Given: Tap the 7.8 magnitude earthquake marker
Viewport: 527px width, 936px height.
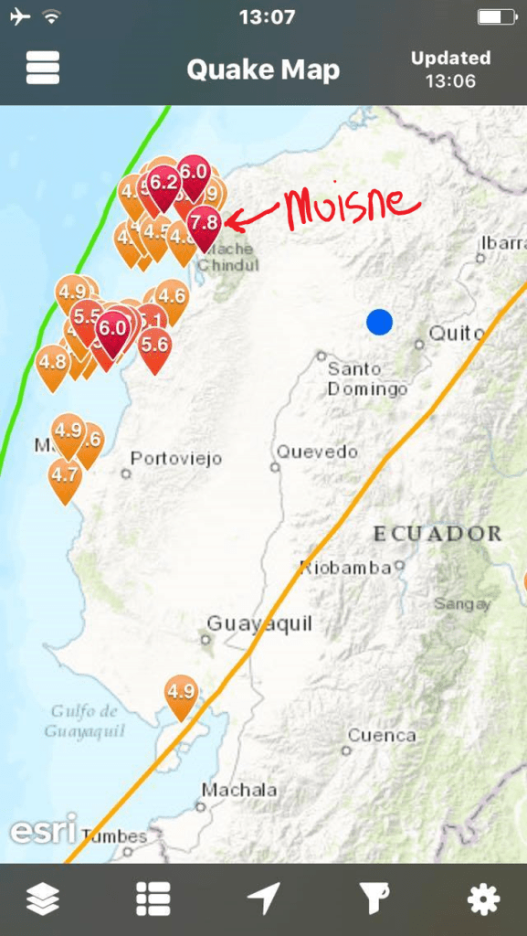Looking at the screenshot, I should [x=205, y=222].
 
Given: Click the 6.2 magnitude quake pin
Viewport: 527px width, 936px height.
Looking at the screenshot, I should [x=163, y=183].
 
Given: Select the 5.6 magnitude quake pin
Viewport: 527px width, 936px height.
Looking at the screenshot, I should [x=154, y=344].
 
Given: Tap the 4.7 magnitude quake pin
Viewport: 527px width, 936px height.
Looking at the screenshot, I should [x=65, y=475].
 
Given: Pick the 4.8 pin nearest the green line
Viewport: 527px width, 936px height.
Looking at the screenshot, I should [x=53, y=361].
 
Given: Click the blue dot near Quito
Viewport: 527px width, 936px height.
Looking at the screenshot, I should [x=379, y=322].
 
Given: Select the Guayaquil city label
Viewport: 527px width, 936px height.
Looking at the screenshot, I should [x=259, y=624].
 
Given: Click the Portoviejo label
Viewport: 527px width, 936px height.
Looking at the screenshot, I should [x=176, y=459].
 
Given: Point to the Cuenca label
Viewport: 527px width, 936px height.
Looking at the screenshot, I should [x=381, y=735].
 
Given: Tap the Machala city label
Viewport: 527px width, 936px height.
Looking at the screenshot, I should [x=239, y=790].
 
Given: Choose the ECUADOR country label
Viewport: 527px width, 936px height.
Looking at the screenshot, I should [x=437, y=533].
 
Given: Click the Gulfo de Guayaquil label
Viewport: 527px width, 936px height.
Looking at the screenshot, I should [x=85, y=720].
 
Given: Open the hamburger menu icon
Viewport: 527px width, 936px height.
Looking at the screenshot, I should [x=43, y=68].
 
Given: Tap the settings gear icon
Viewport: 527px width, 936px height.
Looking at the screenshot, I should [x=483, y=900].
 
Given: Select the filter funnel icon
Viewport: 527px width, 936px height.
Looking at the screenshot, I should [x=373, y=900].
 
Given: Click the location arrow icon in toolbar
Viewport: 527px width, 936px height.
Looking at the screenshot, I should [x=263, y=900].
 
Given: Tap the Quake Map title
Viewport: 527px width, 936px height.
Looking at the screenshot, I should [x=263, y=69].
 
